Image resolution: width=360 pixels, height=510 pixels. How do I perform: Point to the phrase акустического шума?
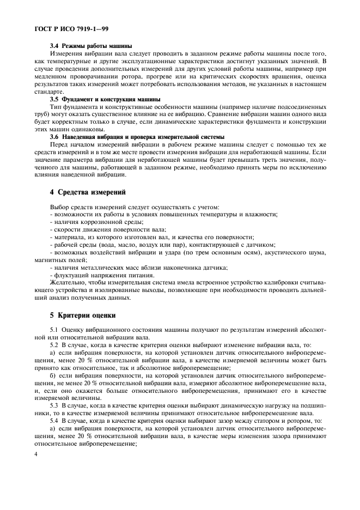click(x=296, y=253)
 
